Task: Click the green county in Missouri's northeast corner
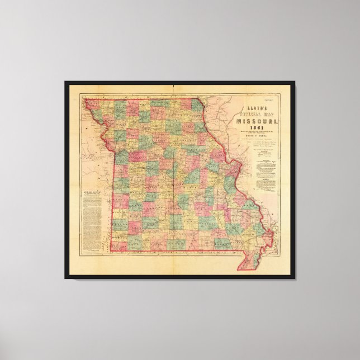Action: pos(197,105)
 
